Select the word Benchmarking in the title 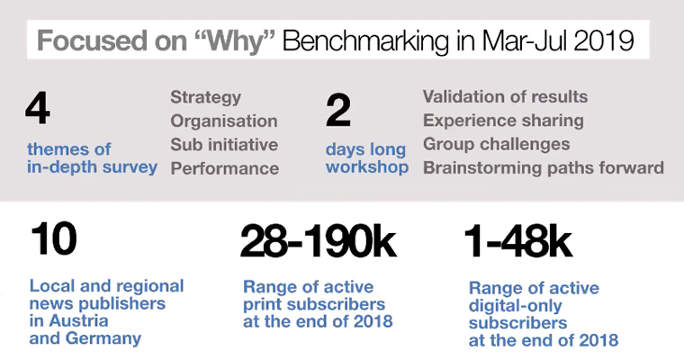pyautogui.click(x=365, y=41)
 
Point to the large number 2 pyautogui.click(x=338, y=111)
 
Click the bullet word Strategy pyautogui.click(x=205, y=98)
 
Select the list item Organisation pyautogui.click(x=224, y=121)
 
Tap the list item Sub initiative pyautogui.click(x=224, y=144)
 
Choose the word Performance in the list pyautogui.click(x=225, y=168)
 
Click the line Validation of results pyautogui.click(x=505, y=97)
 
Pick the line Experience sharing pyautogui.click(x=503, y=121)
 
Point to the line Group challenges pyautogui.click(x=497, y=144)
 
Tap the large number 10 pyautogui.click(x=54, y=238)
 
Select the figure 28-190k pyautogui.click(x=318, y=240)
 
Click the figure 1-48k pyautogui.click(x=518, y=241)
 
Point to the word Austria pyautogui.click(x=78, y=320)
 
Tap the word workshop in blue pyautogui.click(x=367, y=167)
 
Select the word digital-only pyautogui.click(x=515, y=306)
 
